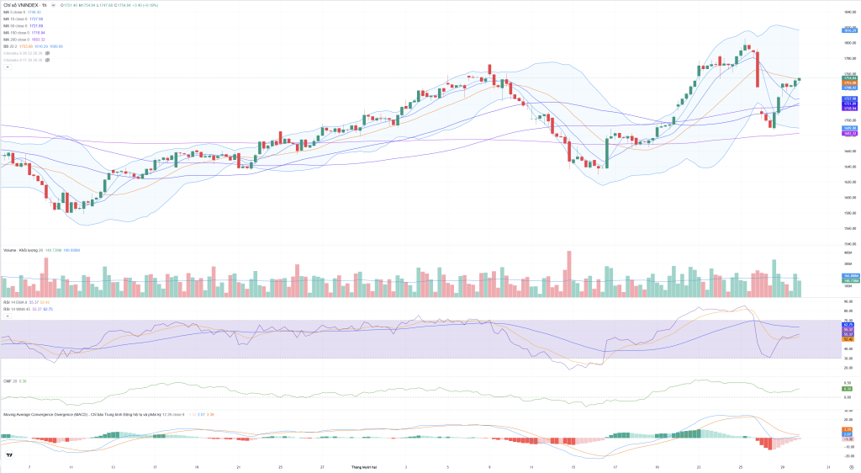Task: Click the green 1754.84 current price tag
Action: (x=849, y=77)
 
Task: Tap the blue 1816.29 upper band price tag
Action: (x=849, y=30)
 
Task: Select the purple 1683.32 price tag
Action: (x=849, y=133)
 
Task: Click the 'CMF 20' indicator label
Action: (x=10, y=381)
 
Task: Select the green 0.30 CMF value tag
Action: (x=848, y=389)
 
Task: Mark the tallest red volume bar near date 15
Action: (x=569, y=274)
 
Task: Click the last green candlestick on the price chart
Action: (x=800, y=79)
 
